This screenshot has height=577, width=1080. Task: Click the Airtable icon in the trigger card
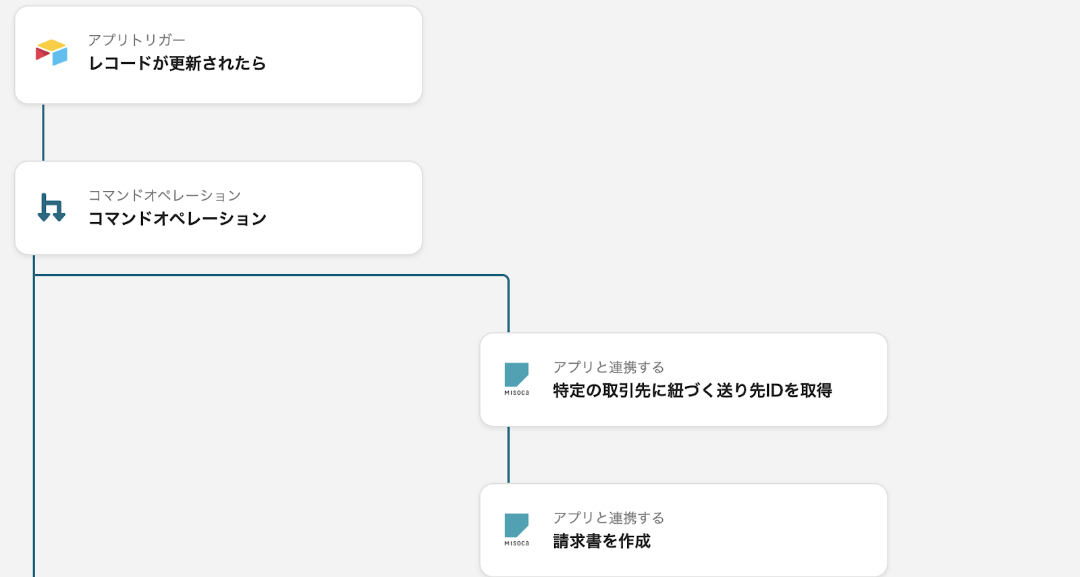[51, 53]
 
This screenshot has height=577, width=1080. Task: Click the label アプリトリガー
[136, 40]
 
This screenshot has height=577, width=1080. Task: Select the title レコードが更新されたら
[177, 63]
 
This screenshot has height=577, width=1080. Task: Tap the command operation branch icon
[51, 208]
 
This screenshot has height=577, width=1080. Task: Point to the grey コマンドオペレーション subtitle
[164, 196]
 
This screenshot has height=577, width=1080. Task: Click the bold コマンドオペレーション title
[177, 219]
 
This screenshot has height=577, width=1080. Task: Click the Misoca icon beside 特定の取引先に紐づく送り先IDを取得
[516, 375]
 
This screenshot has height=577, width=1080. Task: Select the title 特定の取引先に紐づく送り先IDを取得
[692, 391]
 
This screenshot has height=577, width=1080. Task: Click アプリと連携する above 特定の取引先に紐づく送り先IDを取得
[608, 368]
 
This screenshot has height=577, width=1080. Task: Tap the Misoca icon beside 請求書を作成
[516, 526]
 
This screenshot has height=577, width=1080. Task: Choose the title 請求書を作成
[601, 541]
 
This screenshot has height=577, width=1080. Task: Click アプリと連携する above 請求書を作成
[608, 518]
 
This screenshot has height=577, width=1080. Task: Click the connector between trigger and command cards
[43, 132]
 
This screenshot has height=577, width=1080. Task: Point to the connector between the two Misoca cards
[508, 455]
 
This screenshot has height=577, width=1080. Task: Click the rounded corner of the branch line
[506, 277]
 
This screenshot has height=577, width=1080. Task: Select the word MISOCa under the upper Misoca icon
[516, 393]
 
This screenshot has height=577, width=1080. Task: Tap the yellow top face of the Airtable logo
[51, 45]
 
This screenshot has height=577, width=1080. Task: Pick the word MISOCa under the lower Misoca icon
[516, 543]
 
